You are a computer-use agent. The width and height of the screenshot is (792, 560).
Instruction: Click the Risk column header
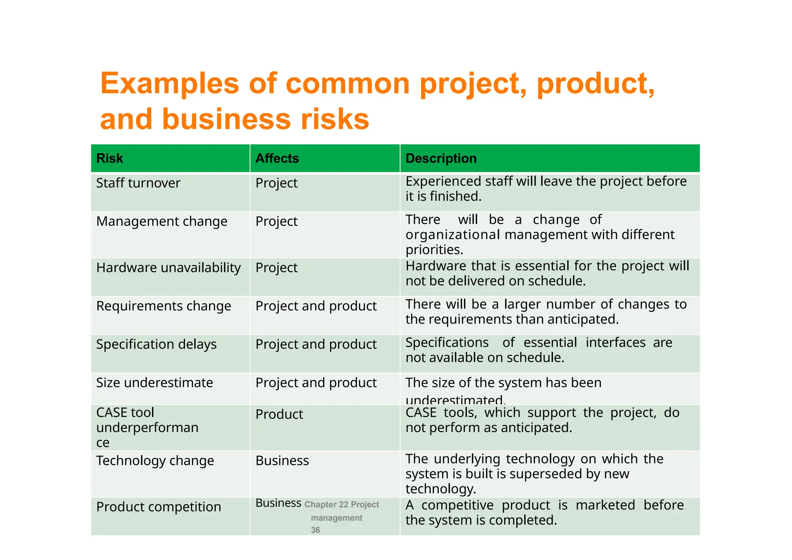[109, 158]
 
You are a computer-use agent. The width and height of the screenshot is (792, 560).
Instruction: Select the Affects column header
[277, 158]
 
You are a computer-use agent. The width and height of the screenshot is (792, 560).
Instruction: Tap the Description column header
[441, 158]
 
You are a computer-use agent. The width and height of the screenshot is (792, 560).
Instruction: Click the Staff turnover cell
[138, 183]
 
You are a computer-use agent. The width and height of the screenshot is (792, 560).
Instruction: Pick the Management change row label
[162, 221]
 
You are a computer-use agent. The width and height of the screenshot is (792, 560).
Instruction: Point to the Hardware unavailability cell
[168, 268]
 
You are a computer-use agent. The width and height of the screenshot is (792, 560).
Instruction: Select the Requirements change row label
[164, 306]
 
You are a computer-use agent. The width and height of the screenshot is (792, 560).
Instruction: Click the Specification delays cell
[156, 344]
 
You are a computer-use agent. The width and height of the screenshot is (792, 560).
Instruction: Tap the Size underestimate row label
[154, 383]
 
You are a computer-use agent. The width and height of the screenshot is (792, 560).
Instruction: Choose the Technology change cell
[155, 461]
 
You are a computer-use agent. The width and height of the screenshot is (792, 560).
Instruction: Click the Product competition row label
[159, 507]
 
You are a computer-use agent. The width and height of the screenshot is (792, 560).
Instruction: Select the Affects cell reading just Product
[279, 414]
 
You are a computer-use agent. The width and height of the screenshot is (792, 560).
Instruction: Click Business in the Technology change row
[282, 461]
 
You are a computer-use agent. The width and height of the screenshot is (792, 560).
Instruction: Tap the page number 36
[316, 530]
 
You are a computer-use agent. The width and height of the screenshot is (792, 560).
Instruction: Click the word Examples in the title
[170, 84]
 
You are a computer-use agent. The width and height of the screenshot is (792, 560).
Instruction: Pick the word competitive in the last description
[457, 505]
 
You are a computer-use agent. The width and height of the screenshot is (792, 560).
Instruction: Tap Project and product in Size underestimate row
[316, 383]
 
